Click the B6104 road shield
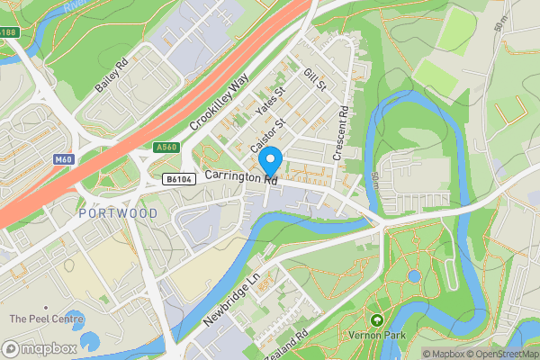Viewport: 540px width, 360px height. [x=176, y=180]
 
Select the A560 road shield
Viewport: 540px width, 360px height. [x=166, y=148]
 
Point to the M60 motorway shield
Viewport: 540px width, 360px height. [x=62, y=160]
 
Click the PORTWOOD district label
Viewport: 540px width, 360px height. [x=118, y=213]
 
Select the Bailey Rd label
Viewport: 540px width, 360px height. [x=113, y=77]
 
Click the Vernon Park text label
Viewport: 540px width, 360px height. [x=377, y=336]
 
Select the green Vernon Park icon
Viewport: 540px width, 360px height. [x=376, y=319]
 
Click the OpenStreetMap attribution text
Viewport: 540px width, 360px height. [x=499, y=354]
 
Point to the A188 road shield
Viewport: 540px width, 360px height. [x=9, y=32]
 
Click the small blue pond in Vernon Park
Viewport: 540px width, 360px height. [x=413, y=276]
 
